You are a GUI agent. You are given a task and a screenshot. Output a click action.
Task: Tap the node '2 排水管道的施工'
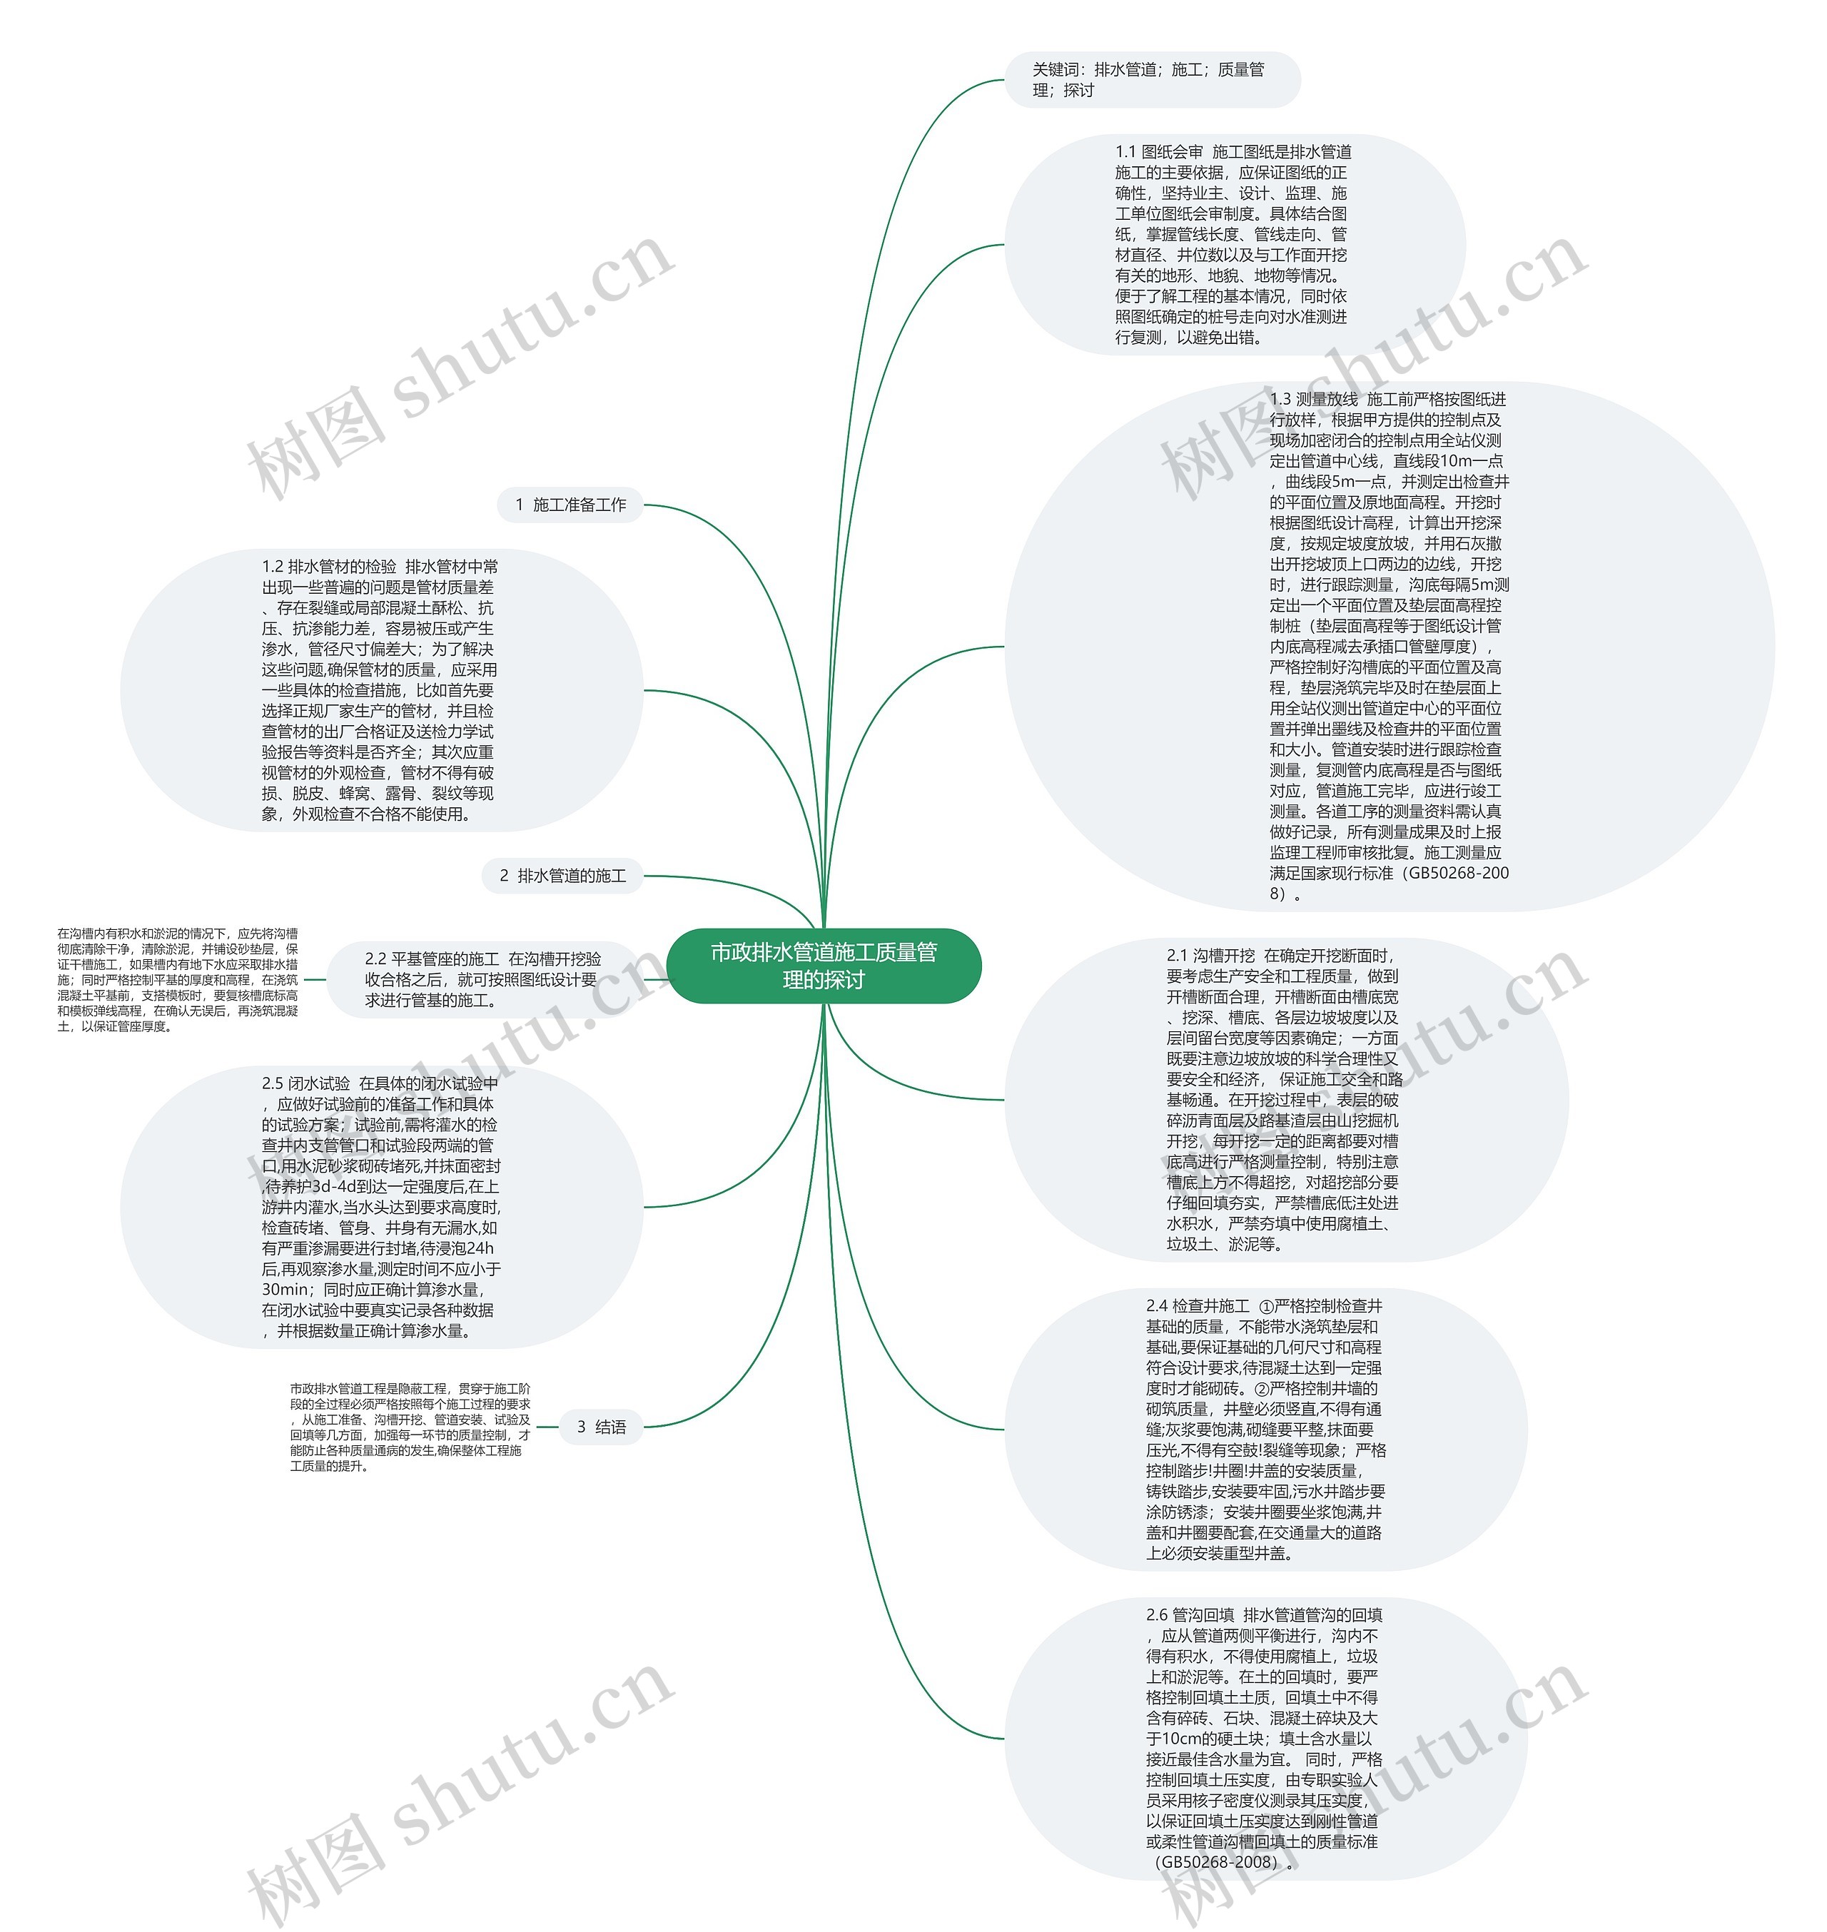click(563, 876)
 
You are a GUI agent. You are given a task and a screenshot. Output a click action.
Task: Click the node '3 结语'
click(602, 1427)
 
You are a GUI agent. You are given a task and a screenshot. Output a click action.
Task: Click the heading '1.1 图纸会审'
click(1159, 152)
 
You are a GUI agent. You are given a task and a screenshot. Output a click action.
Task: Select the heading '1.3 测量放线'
click(1314, 399)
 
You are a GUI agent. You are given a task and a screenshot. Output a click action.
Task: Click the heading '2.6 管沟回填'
click(1190, 1614)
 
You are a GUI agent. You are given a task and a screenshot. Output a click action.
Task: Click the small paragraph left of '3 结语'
click(410, 1427)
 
